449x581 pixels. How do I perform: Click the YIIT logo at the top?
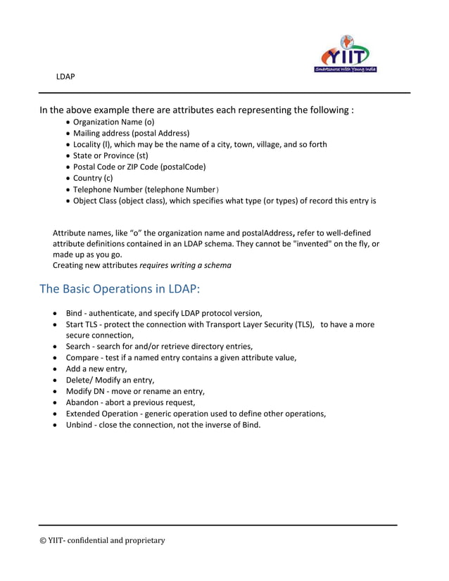346,54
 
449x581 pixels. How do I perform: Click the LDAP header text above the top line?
65,75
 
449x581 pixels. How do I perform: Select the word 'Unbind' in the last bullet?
79,425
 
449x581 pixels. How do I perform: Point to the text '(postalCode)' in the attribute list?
183,167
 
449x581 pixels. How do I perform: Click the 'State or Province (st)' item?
110,155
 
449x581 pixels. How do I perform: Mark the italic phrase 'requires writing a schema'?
185,265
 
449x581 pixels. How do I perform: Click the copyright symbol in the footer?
43,540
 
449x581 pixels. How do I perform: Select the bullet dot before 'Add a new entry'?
56,369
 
